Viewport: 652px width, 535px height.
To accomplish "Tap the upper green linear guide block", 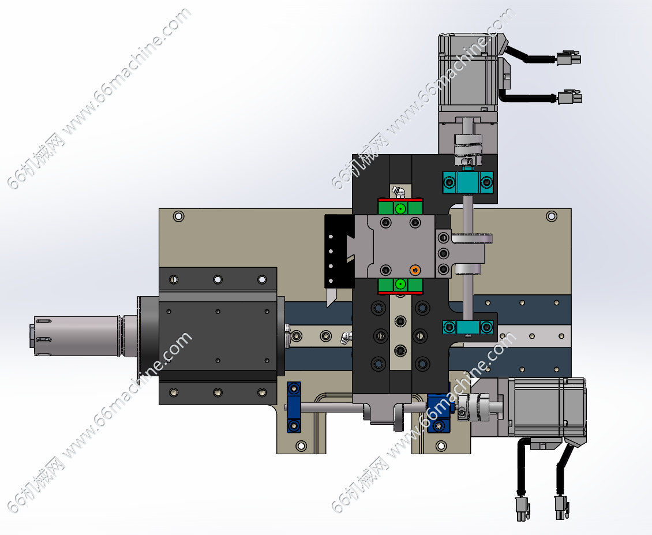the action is pos(400,207).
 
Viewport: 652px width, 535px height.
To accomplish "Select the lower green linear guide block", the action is pos(400,285).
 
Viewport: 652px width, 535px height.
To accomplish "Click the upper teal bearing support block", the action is pos(468,182).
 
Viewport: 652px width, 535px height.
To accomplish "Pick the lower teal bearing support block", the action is pos(468,327).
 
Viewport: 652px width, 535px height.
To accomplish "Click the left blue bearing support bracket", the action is pos(294,407).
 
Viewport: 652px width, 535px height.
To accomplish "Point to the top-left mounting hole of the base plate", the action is pos(178,216).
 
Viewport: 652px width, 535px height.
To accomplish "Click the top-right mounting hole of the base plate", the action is pos(552,216).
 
